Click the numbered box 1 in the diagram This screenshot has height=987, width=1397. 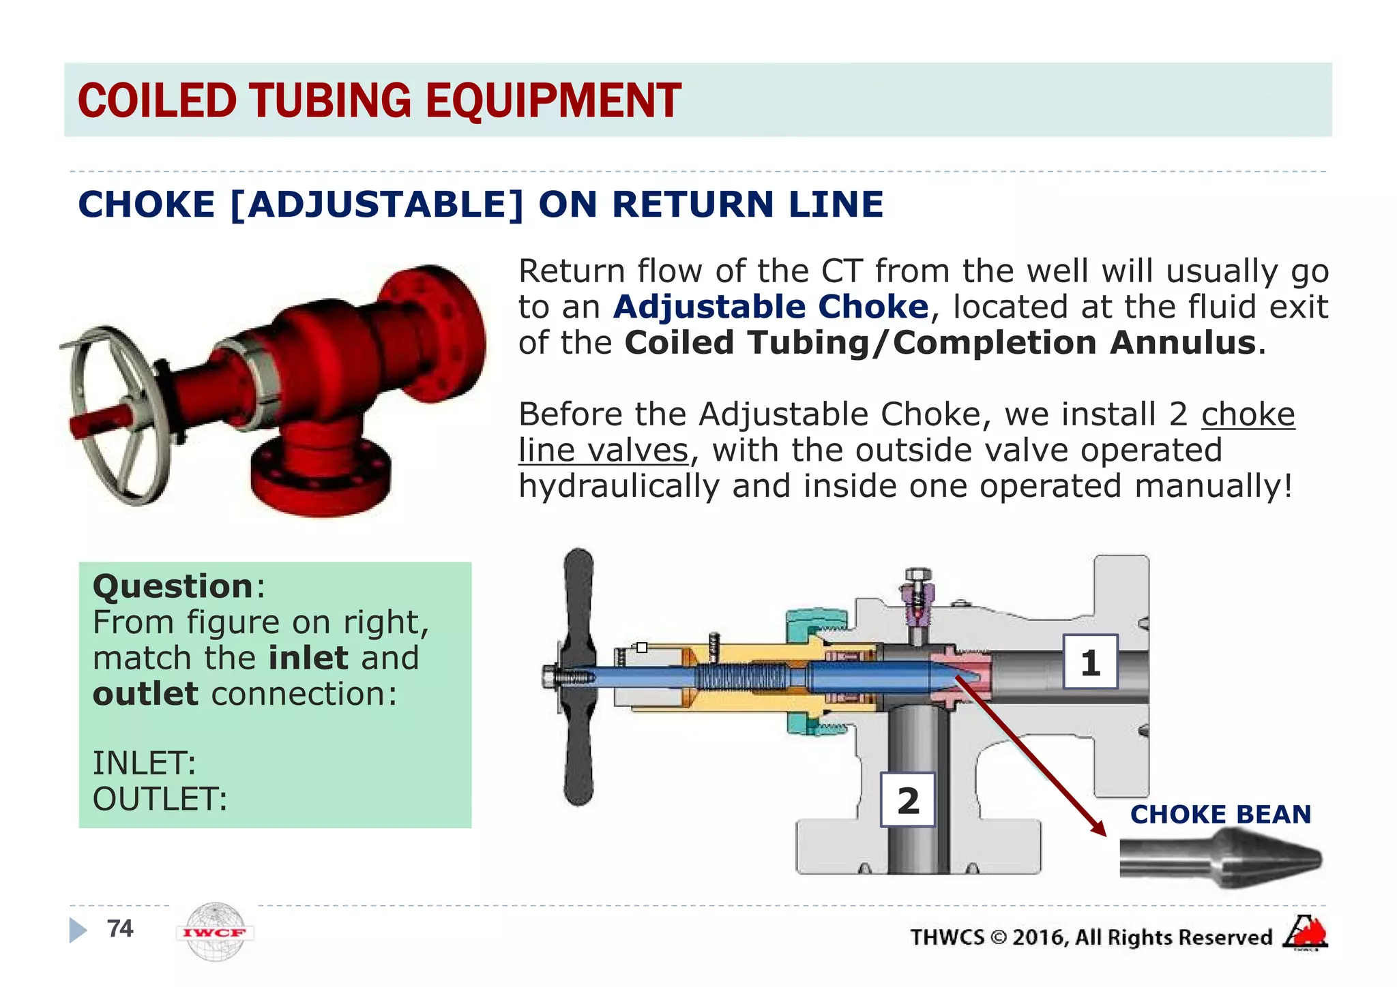tap(1090, 662)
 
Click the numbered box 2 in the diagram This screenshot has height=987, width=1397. tap(908, 800)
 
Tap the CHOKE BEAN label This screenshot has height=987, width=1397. tap(1220, 814)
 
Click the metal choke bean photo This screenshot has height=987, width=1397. tap(1220, 860)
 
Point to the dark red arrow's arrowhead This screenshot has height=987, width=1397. tap(1098, 827)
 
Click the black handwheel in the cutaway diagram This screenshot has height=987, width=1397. tap(578, 676)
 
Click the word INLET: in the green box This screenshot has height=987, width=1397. tap(144, 763)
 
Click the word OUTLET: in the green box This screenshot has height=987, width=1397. tap(160, 799)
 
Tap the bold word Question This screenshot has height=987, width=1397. tap(173, 586)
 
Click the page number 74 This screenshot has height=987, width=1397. tap(120, 928)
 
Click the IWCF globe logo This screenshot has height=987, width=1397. tap(215, 932)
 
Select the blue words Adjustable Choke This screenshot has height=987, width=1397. tap(771, 307)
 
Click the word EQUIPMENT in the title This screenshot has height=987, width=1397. tap(553, 101)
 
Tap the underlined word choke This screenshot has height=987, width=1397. tap(1248, 414)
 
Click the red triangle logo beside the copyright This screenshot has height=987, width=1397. tap(1306, 932)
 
